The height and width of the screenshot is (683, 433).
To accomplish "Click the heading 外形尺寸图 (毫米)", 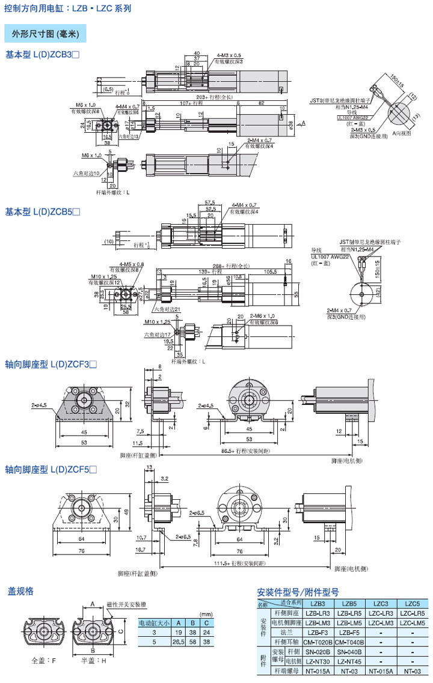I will coord(45,34).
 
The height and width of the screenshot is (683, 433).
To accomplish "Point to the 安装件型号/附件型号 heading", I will coord(298,592).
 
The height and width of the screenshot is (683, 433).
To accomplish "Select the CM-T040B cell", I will coord(349,642).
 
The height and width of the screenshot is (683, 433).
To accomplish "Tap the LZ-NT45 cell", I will coord(349,661).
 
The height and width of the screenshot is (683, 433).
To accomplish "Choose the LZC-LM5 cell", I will coord(413,623).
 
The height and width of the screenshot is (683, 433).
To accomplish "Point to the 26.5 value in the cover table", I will coord(178,642).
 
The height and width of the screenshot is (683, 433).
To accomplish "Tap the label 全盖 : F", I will coord(44,661).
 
